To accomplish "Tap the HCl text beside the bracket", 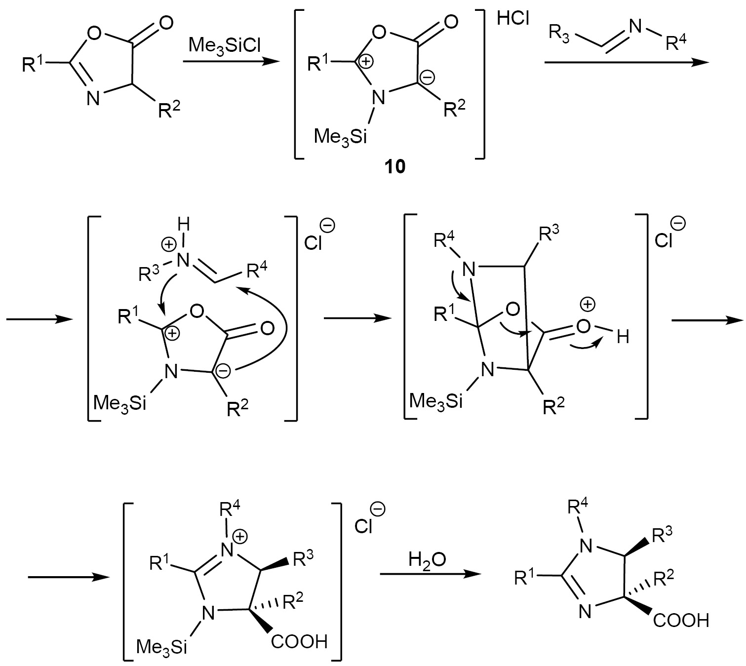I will click(x=513, y=19).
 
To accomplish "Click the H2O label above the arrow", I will click(x=427, y=560).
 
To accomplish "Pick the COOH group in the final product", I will click(x=681, y=620).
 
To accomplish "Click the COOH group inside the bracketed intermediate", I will click(x=299, y=641).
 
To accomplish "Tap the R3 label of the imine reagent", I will click(x=559, y=34).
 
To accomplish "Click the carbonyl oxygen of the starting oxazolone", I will click(x=166, y=22).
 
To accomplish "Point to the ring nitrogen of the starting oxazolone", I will click(x=93, y=98).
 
